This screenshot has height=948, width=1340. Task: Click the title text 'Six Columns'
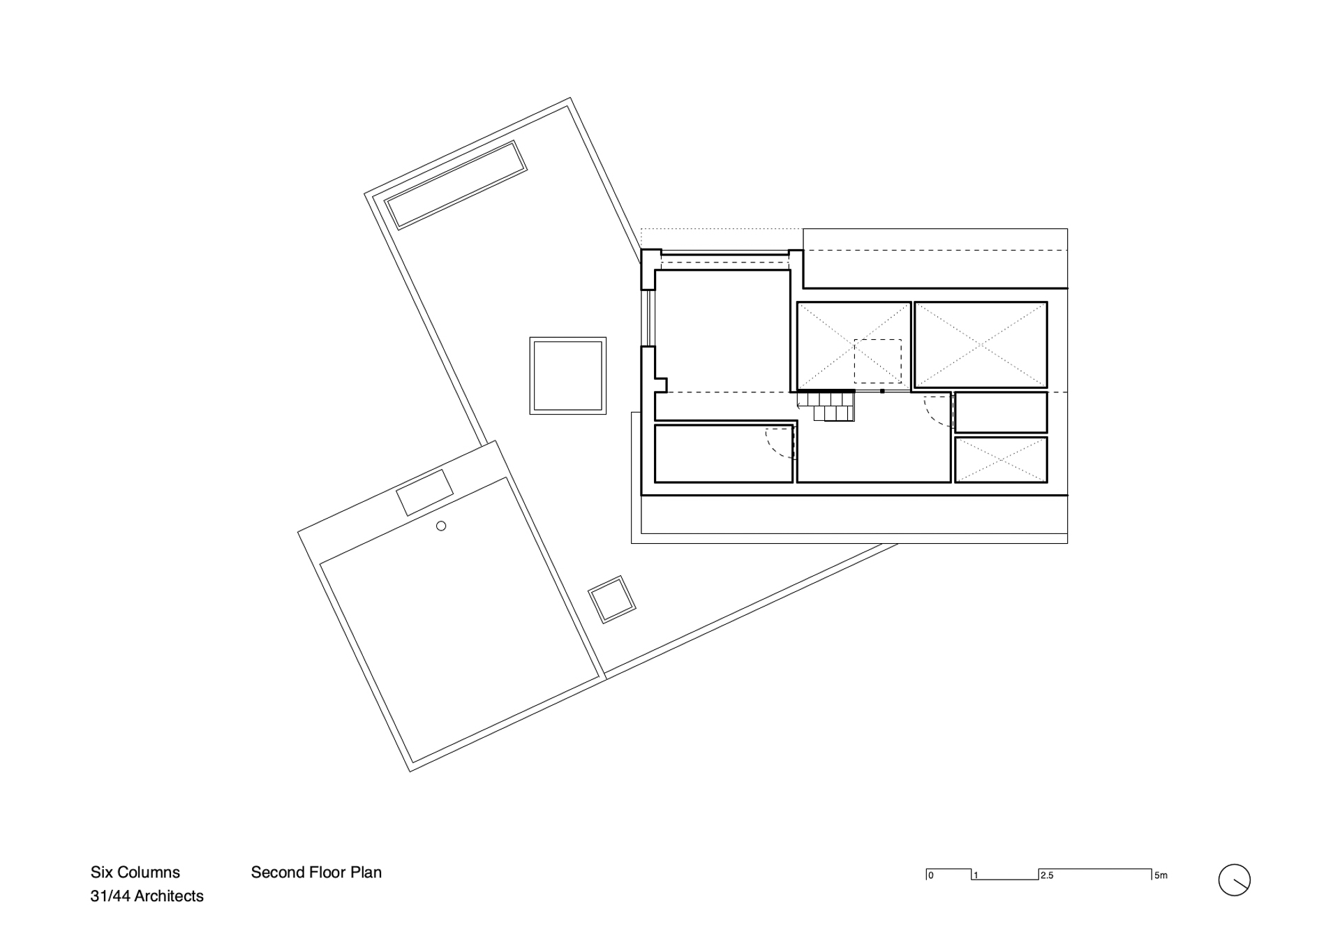[135, 872]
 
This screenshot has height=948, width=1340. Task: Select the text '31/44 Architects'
[147, 896]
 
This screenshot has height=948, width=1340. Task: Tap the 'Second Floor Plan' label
[316, 872]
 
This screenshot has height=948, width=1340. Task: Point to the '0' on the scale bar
[931, 875]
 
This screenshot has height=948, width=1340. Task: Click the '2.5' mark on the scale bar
[1046, 875]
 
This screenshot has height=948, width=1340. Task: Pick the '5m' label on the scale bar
[1161, 875]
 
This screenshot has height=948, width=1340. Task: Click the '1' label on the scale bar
[976, 875]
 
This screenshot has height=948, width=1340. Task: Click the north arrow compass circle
[1234, 880]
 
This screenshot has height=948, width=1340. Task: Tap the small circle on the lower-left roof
[441, 526]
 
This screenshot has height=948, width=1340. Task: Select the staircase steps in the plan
[828, 406]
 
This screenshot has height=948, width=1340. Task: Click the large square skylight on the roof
[567, 376]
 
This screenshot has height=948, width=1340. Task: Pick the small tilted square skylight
[612, 599]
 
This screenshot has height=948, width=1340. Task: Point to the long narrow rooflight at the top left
[456, 185]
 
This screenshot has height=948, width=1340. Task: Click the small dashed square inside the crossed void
[878, 361]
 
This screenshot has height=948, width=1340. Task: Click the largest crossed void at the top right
[981, 345]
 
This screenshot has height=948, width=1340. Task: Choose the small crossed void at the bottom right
[1001, 460]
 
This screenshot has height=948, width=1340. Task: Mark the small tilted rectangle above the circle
[423, 491]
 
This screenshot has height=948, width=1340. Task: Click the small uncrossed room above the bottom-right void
[1001, 413]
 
